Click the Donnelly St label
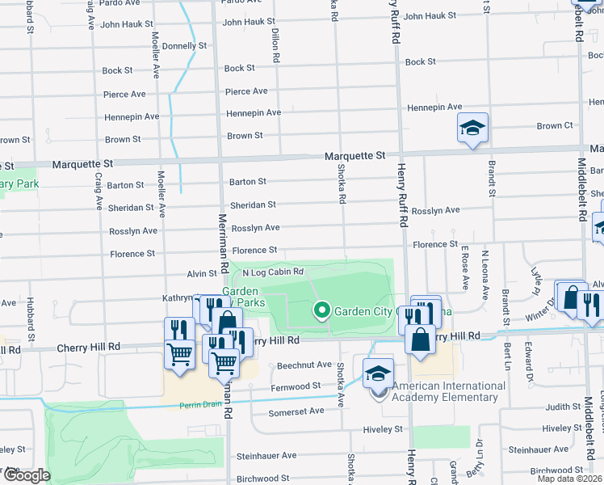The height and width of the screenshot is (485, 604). pyautogui.click(x=184, y=46)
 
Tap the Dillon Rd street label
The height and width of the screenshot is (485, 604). pyautogui.click(x=275, y=48)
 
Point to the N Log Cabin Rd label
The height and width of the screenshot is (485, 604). pyautogui.click(x=272, y=272)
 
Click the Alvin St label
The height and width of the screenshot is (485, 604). pyautogui.click(x=202, y=275)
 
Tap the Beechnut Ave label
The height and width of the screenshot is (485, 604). pyautogui.click(x=304, y=365)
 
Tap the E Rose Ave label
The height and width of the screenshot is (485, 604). pyautogui.click(x=464, y=269)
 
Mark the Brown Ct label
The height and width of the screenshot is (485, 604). pyautogui.click(x=555, y=126)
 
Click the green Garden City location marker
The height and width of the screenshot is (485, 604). pyautogui.click(x=321, y=310)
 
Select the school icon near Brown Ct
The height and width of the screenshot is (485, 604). pyautogui.click(x=473, y=129)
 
